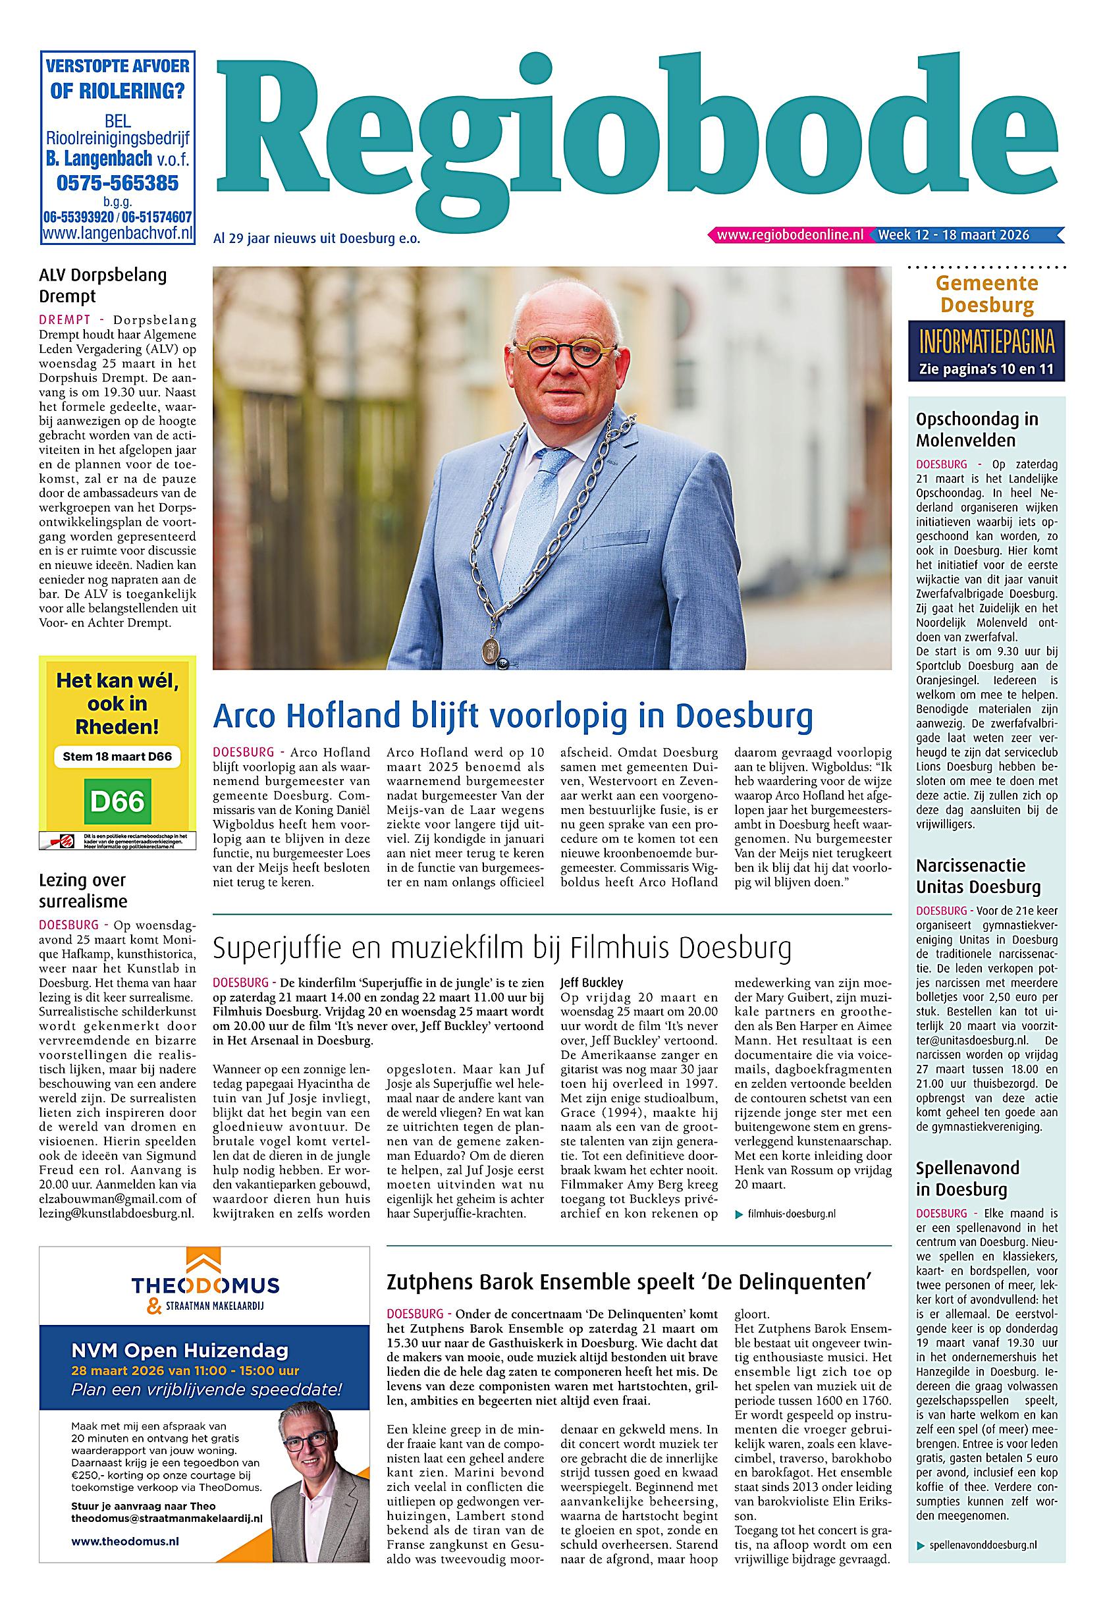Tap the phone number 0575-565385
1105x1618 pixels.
coord(117,183)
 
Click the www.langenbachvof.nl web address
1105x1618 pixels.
coord(117,234)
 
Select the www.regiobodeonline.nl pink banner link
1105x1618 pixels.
coord(790,235)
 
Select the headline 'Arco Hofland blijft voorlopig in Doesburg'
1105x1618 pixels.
coord(512,716)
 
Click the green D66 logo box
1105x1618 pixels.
coord(117,801)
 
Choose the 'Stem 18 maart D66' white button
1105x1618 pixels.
coord(117,756)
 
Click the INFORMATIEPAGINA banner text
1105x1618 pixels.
coord(986,343)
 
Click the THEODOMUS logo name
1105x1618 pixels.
coord(205,1284)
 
